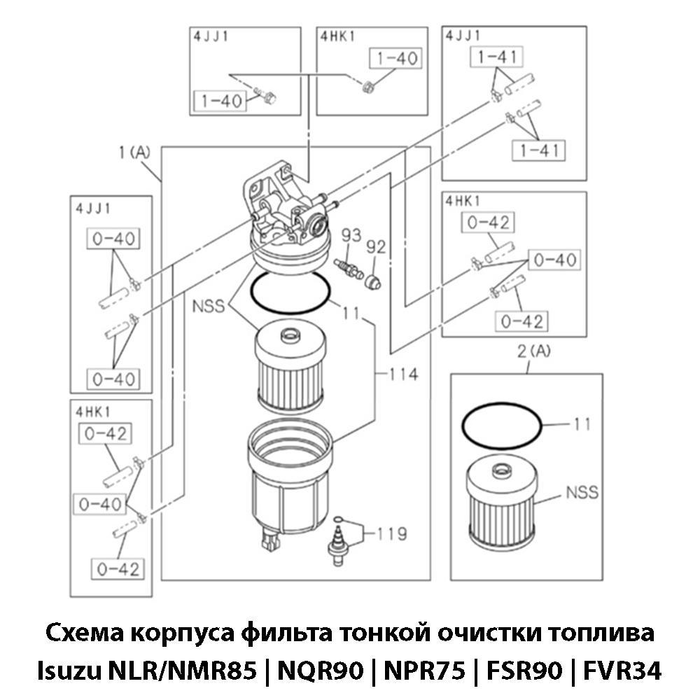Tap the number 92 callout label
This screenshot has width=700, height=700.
(377, 246)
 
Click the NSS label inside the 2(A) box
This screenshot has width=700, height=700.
(582, 492)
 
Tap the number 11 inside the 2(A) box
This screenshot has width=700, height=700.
(582, 424)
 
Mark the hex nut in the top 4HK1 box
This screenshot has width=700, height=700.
(366, 87)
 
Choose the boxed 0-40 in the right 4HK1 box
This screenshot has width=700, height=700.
(555, 260)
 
